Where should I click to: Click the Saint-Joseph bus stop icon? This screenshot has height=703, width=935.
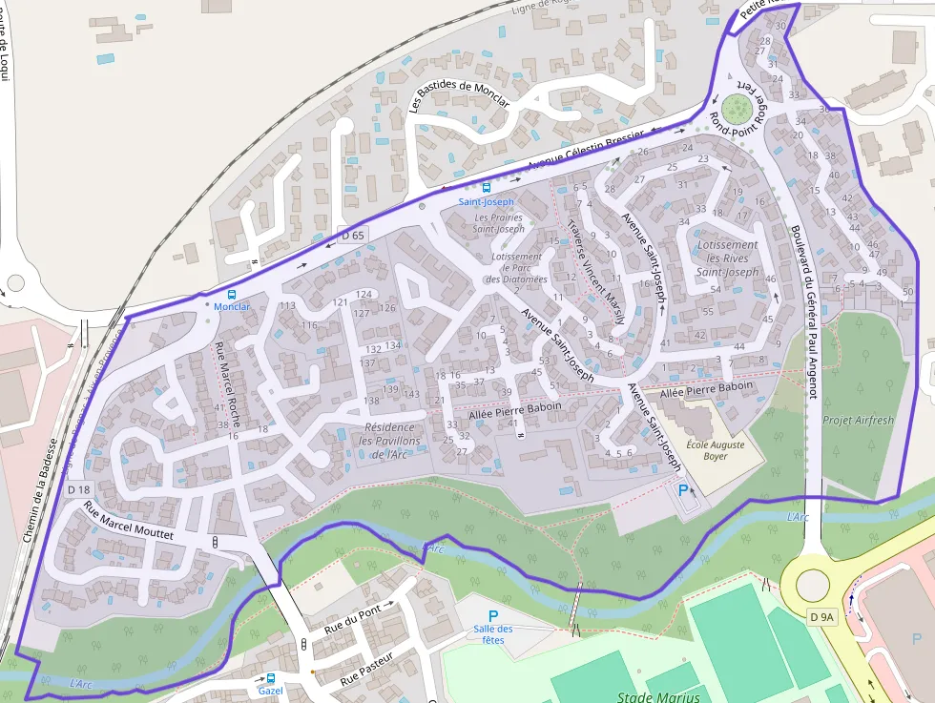point(487,188)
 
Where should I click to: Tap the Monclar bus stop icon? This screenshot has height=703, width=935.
point(232,294)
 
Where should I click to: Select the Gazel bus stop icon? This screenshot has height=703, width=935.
point(271,678)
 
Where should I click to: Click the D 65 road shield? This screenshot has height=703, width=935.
point(353,236)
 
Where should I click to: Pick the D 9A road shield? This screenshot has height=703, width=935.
point(821,617)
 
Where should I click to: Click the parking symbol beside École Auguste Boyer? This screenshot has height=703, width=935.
point(683,489)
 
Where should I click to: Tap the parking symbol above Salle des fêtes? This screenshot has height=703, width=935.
point(493,615)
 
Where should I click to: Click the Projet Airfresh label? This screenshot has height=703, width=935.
point(859,421)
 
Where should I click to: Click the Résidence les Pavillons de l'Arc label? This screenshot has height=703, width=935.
point(389,440)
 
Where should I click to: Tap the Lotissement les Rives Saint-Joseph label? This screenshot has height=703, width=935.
point(727,258)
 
